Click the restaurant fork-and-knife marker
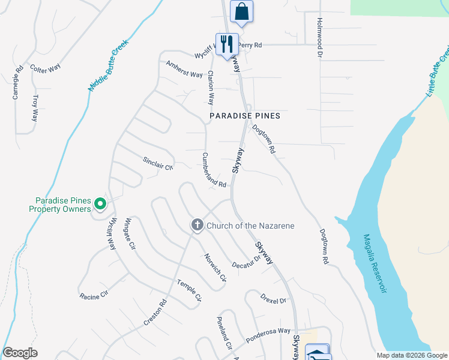pos(226,44)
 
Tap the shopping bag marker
pos(241,11)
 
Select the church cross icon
pos(197,225)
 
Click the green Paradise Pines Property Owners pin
pos(100,205)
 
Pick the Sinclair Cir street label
pos(158,163)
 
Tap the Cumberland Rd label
pos(214,170)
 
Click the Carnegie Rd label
pos(17,82)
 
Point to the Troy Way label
pos(35,107)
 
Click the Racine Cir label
pos(93,295)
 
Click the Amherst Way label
pos(185,69)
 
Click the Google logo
pos(20,353)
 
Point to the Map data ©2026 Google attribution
pos(412,355)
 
